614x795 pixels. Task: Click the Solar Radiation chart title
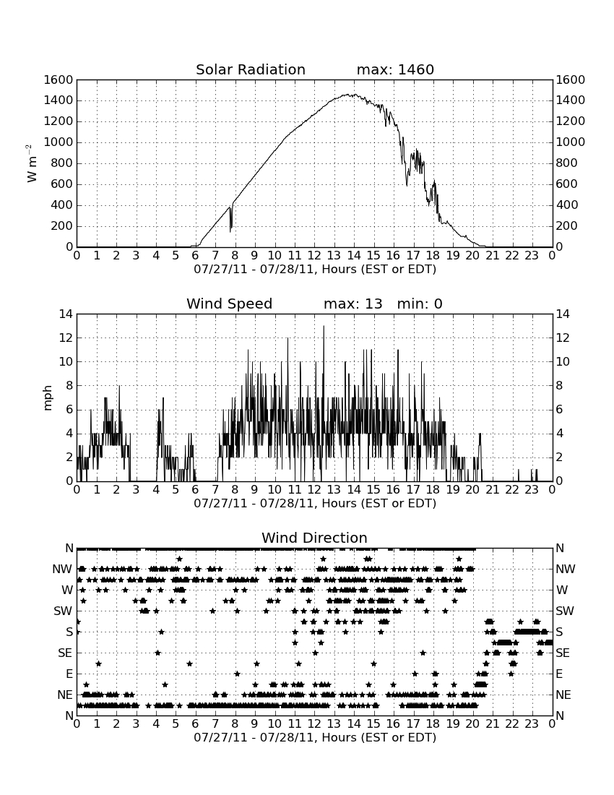250,69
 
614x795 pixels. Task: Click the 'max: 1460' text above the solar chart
395,69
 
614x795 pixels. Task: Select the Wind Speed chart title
229,304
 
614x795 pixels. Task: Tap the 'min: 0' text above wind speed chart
420,304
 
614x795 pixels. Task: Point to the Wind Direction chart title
314,538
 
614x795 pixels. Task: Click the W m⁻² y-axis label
31,163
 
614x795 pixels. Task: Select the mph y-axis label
48,398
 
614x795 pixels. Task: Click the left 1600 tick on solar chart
59,79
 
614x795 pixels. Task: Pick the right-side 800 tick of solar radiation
566,163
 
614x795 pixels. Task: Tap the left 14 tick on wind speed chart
66,314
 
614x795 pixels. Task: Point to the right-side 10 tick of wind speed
562,362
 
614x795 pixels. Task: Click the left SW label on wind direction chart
63,611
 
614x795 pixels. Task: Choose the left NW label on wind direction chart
62,570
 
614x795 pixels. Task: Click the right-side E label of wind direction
559,674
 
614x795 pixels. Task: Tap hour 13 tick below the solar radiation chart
334,255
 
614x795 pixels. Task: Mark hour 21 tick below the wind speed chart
493,490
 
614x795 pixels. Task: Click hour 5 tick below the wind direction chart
176,724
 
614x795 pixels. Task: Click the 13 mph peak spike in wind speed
324,327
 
